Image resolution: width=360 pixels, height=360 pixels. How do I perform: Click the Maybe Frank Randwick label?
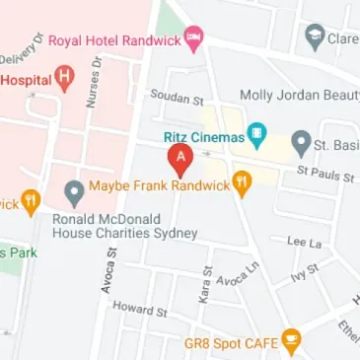click(158, 185)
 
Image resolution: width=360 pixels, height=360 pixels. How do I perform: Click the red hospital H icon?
click(64, 75)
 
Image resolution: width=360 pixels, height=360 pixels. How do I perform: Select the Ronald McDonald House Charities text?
click(126, 225)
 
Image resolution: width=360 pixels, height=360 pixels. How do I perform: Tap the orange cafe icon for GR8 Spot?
click(290, 342)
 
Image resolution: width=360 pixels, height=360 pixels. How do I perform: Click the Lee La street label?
click(303, 240)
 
